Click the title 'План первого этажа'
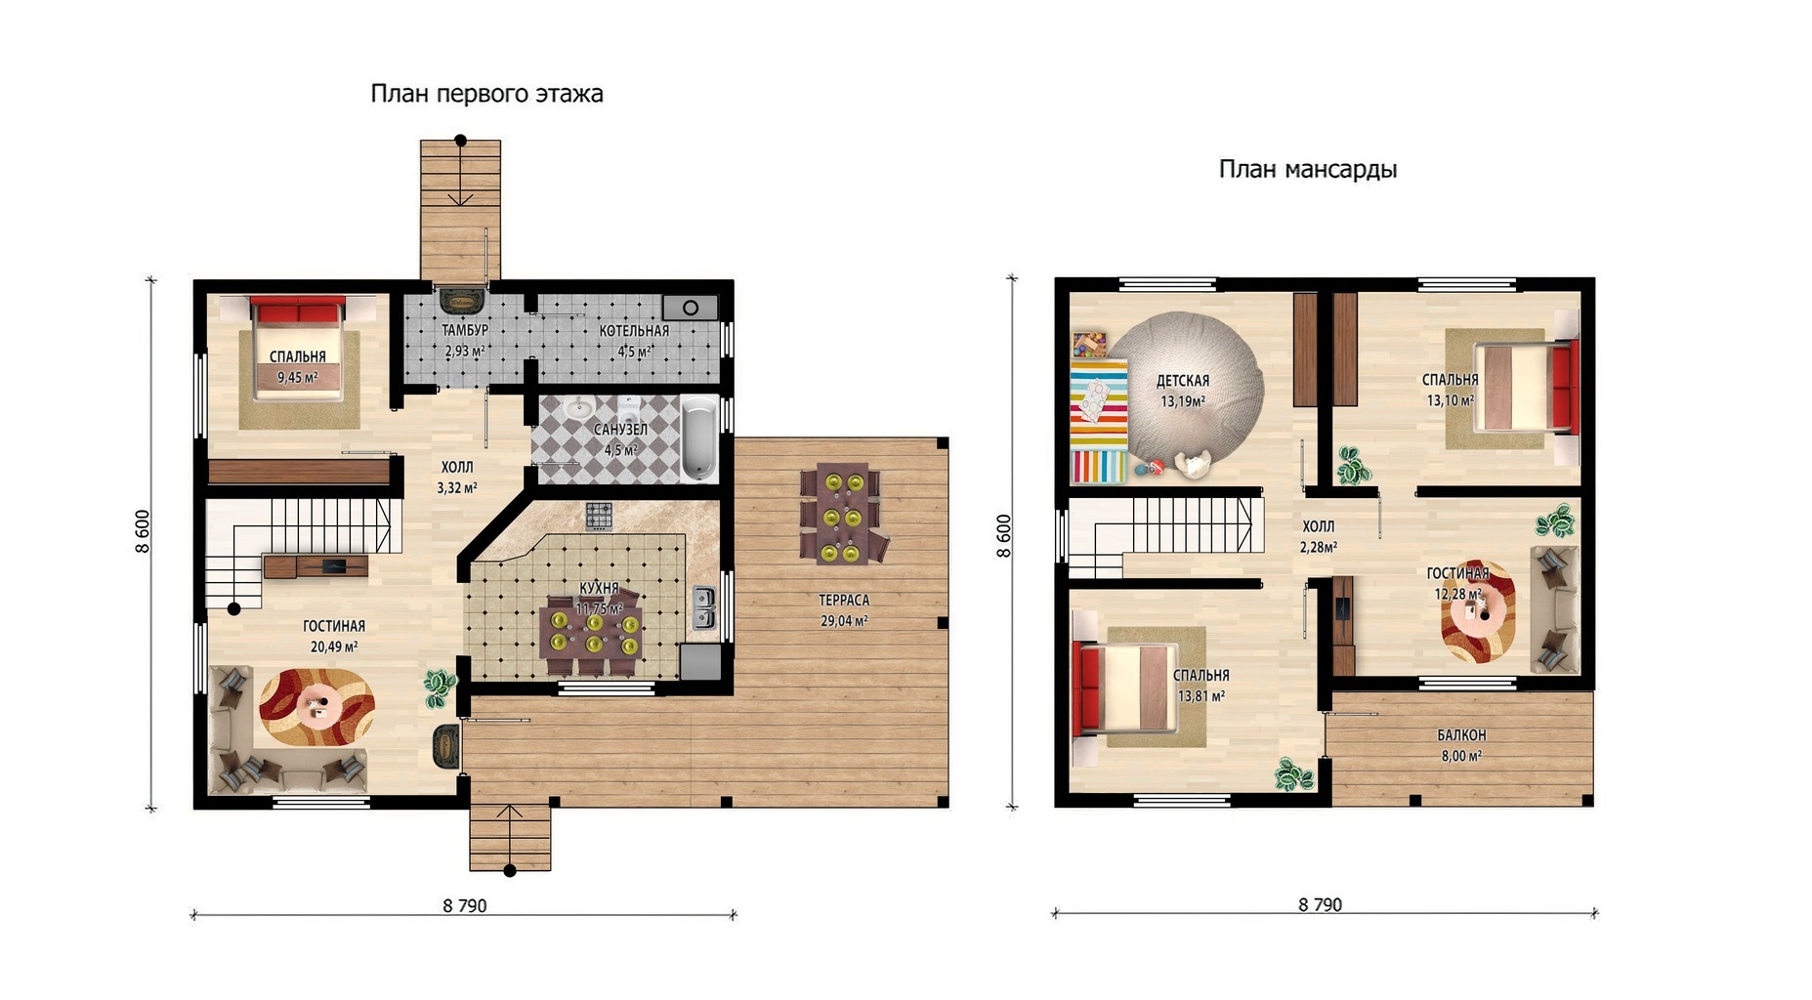point(486,94)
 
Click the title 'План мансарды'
point(1307,170)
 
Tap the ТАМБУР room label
point(465,331)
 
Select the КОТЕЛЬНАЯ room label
point(634,331)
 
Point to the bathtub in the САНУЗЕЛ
point(698,438)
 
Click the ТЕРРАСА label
point(844,601)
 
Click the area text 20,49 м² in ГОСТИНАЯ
point(334,646)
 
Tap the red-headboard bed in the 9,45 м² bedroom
point(298,350)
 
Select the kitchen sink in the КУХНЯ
point(703,607)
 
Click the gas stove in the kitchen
point(599,515)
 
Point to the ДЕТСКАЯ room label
point(1183,381)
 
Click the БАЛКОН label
point(1461,735)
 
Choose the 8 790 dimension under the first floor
point(465,906)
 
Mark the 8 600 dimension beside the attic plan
point(1004,536)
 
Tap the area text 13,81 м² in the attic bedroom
point(1201,697)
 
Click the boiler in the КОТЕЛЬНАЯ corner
point(691,308)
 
